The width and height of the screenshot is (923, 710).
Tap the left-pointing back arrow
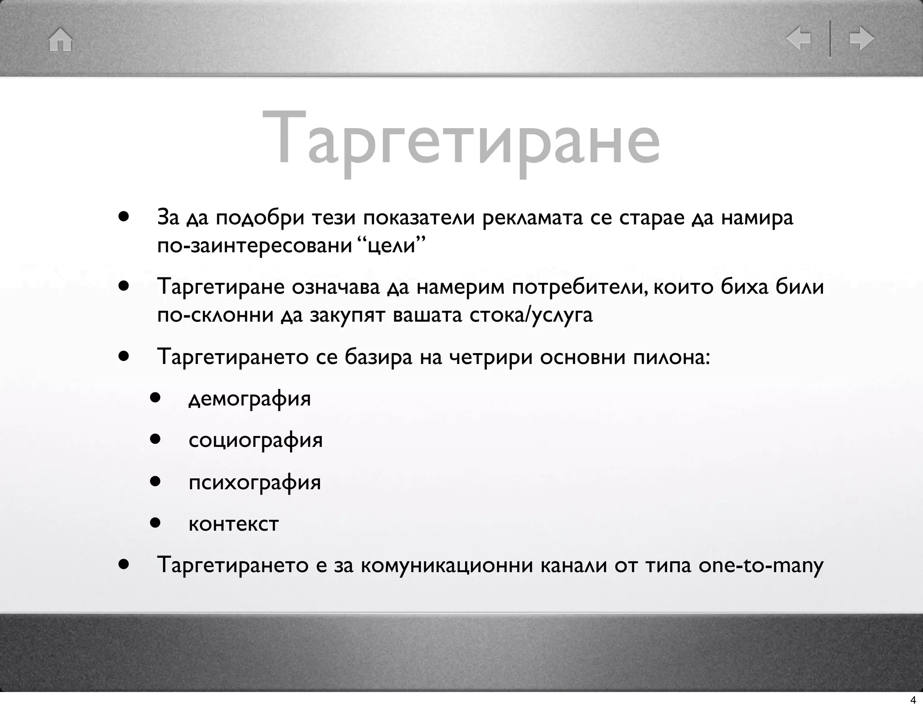click(798, 39)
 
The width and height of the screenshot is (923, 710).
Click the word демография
click(250, 398)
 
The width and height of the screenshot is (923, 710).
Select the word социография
click(256, 440)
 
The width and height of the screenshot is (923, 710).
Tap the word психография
click(255, 482)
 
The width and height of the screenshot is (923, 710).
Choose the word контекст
click(233, 523)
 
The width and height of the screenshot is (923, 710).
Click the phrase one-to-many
click(761, 565)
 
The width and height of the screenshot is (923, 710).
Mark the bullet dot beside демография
click(156, 398)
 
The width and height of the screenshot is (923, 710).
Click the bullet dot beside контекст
click(156, 523)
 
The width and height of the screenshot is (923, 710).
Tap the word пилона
click(671, 357)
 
